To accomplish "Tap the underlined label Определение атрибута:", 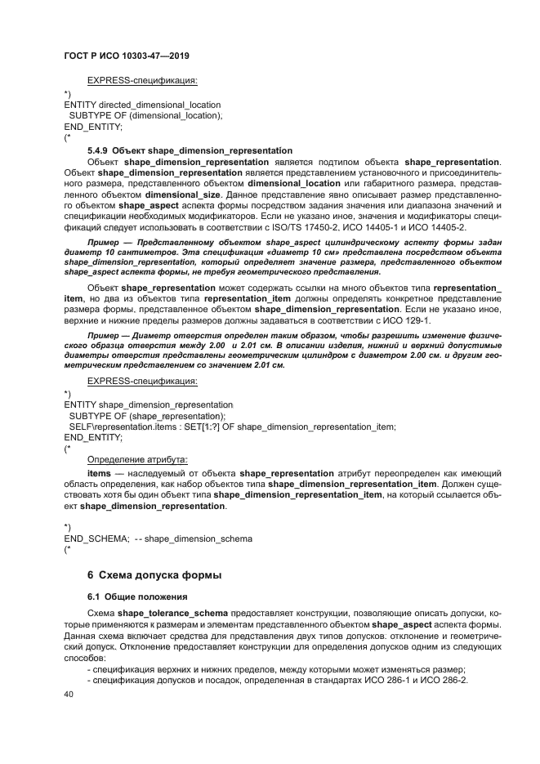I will tap(137, 459).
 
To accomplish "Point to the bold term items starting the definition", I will tap(99, 473).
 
